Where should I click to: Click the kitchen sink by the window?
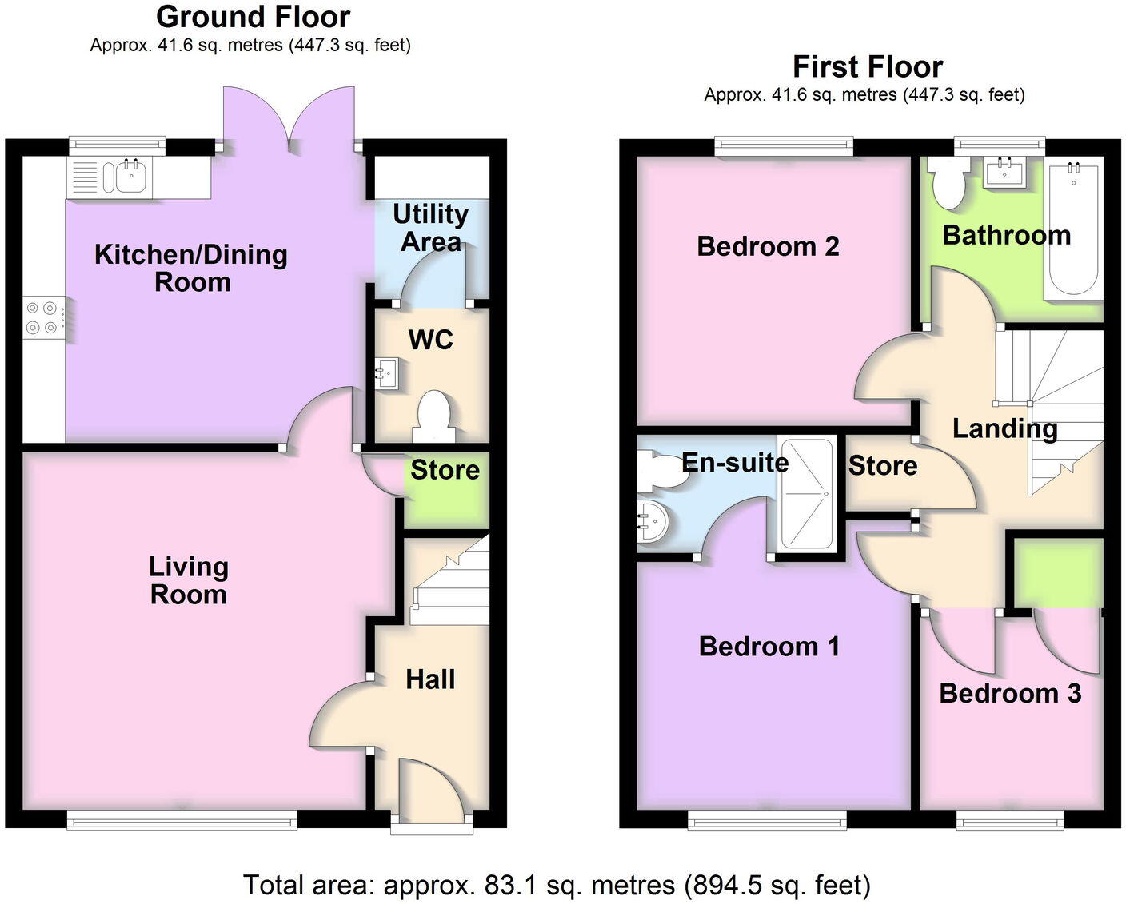tap(131, 176)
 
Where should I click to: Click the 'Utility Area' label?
tap(431, 228)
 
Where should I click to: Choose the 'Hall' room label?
tap(430, 679)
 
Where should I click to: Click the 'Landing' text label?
tap(1004, 428)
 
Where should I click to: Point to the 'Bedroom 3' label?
tap(1010, 693)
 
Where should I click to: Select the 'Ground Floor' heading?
tap(253, 17)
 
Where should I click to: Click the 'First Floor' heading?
tap(867, 66)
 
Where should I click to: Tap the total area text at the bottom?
tap(557, 885)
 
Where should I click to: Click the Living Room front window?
tap(182, 820)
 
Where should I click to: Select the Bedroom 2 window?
tap(784, 145)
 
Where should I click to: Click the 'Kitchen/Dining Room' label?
tap(191, 268)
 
